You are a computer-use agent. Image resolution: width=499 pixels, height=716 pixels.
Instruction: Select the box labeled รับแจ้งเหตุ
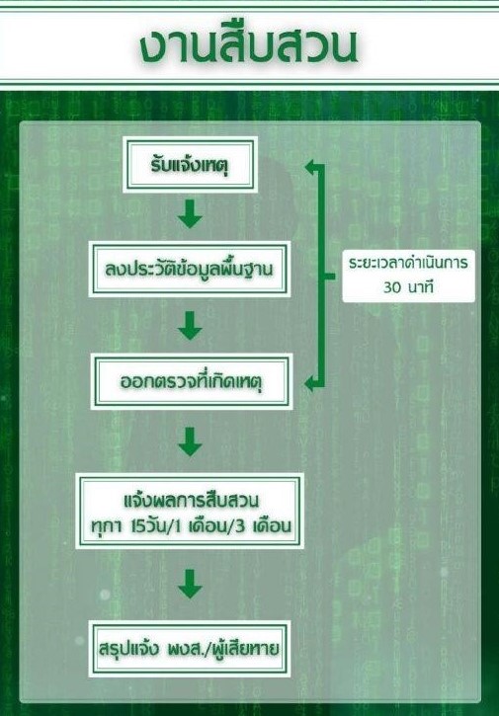pyautogui.click(x=190, y=165)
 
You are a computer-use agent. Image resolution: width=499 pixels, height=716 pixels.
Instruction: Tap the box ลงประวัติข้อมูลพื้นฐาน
pyautogui.click(x=190, y=270)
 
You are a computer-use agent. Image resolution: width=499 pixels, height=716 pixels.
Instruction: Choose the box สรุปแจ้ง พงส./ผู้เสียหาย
pyautogui.click(x=190, y=649)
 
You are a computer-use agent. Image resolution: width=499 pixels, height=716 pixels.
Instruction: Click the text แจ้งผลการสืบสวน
pyautogui.click(x=191, y=500)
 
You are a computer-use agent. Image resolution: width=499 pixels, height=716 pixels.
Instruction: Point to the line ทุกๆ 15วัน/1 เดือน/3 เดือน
pyautogui.click(x=191, y=526)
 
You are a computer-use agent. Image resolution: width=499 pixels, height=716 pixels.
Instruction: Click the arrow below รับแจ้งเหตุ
pyautogui.click(x=190, y=213)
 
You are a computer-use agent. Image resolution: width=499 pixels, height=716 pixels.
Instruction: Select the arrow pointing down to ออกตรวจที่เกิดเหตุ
pyautogui.click(x=190, y=326)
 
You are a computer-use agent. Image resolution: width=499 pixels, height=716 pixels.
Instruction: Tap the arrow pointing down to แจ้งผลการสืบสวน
pyautogui.click(x=190, y=441)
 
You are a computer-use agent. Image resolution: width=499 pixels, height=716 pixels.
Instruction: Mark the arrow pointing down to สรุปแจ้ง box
pyautogui.click(x=190, y=584)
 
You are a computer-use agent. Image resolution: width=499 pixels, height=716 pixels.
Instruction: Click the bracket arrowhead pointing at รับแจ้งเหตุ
pyautogui.click(x=311, y=167)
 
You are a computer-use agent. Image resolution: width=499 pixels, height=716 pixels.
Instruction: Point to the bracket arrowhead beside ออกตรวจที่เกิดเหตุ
pyautogui.click(x=311, y=383)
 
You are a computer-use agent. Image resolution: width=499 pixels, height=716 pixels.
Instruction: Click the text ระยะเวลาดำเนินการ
pyautogui.click(x=408, y=264)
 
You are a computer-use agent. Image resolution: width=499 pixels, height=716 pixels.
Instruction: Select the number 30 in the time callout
pyautogui.click(x=392, y=288)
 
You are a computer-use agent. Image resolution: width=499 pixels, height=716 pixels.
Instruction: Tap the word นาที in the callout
pyautogui.click(x=420, y=287)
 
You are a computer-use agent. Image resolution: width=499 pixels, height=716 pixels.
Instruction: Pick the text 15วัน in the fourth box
pyautogui.click(x=150, y=526)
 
